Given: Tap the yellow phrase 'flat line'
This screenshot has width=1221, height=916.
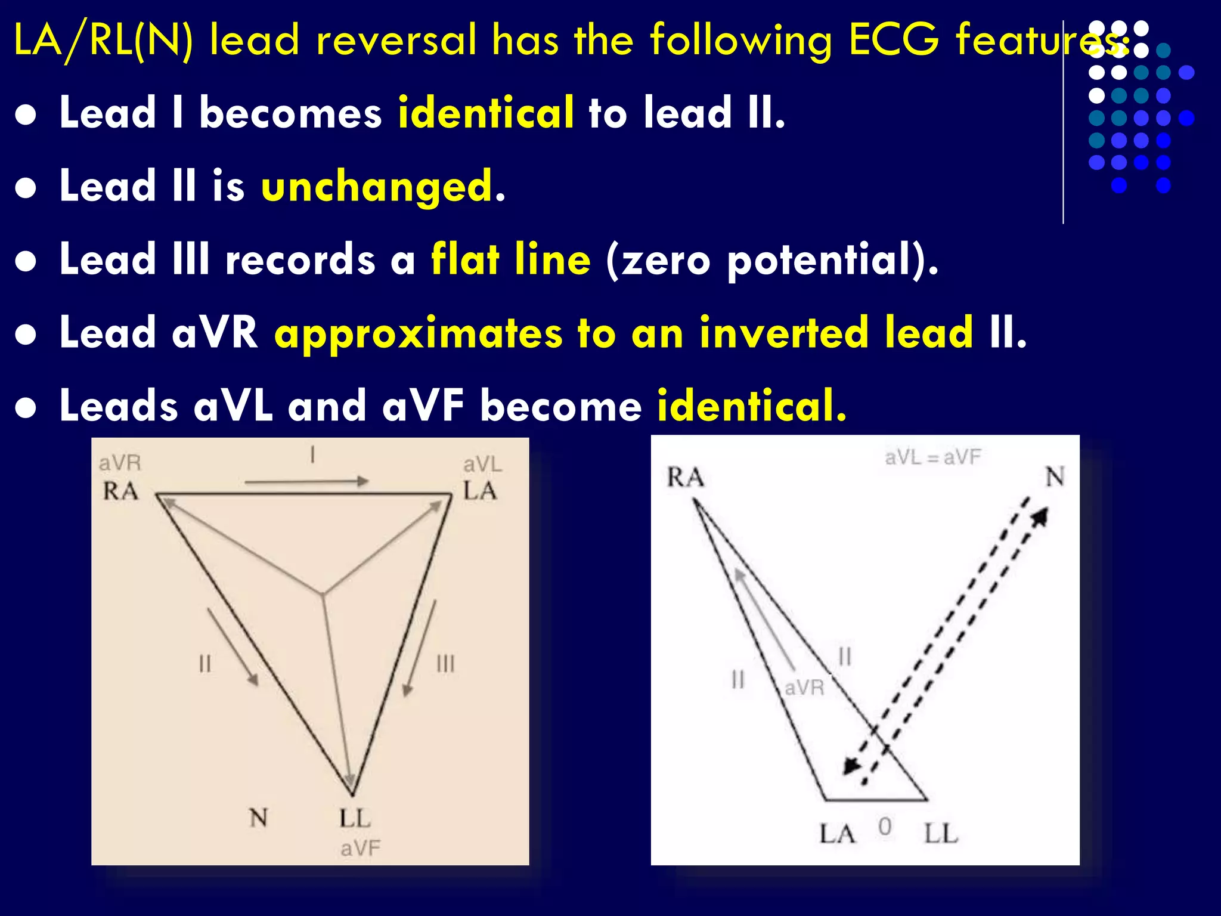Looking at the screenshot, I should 510,260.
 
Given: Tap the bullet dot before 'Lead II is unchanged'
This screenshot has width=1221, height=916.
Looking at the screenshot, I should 26,188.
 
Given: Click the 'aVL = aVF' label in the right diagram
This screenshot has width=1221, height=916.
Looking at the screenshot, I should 932,457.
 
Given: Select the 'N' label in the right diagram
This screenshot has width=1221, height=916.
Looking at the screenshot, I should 1055,477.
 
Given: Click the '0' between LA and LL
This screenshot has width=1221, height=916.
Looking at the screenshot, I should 885,827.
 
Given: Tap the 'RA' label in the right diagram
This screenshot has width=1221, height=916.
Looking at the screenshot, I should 686,478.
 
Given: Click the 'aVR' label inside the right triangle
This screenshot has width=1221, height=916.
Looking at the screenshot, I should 804,688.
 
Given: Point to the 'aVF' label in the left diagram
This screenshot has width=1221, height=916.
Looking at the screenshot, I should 360,848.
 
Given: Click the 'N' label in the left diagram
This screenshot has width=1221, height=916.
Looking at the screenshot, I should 258,818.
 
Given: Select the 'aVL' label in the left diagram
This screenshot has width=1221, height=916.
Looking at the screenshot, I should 482,465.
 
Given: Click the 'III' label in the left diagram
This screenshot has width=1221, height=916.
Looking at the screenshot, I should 445,664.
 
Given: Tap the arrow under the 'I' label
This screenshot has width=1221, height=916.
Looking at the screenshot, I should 306,481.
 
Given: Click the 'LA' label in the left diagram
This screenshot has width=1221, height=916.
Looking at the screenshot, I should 480,491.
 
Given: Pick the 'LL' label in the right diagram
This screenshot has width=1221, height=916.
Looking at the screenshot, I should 941,834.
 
